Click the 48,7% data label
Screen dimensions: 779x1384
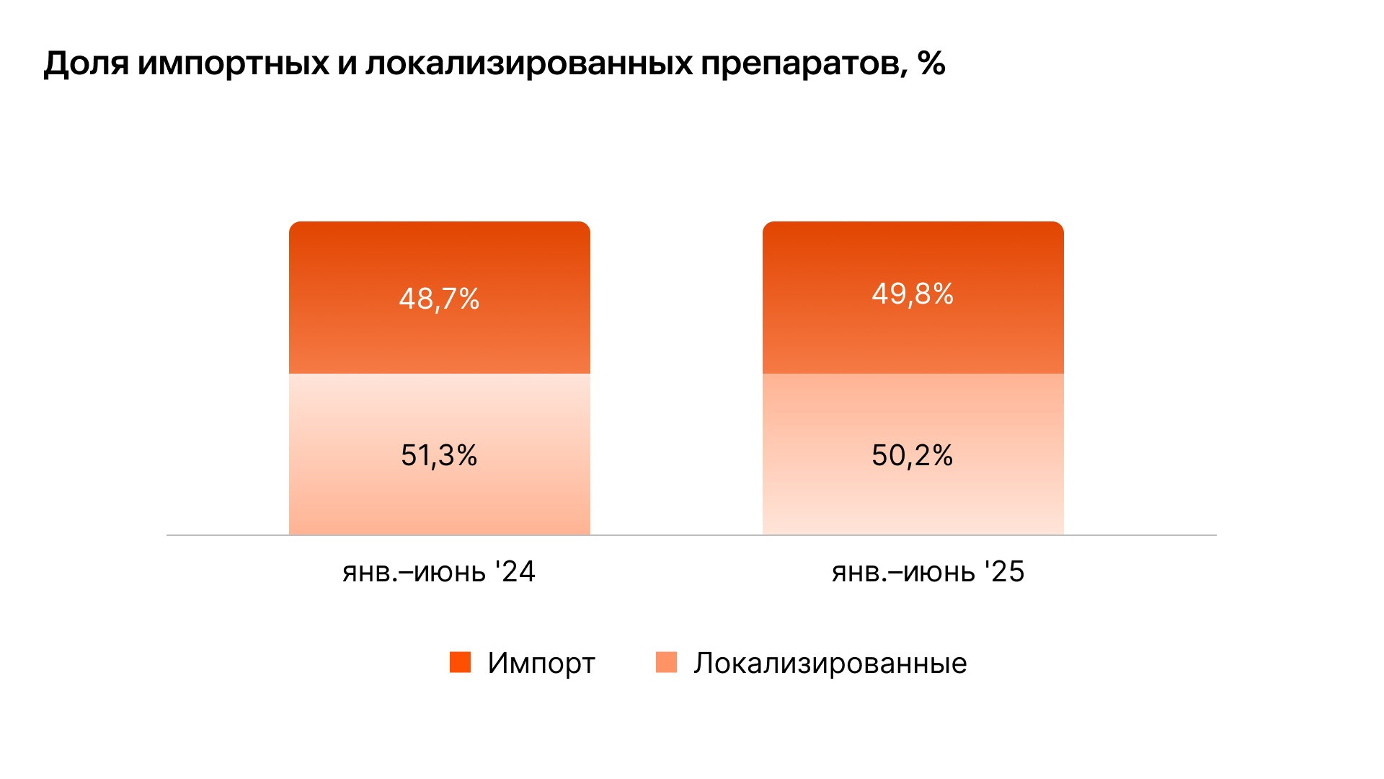point(439,299)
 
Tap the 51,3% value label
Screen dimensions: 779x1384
point(439,456)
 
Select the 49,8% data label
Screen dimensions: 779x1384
point(913,294)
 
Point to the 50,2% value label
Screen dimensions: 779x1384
point(913,456)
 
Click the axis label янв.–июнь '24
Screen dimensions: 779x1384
point(439,572)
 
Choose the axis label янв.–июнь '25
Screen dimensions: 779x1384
point(928,572)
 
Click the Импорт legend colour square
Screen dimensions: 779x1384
point(460,662)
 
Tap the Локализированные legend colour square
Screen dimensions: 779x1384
point(666,662)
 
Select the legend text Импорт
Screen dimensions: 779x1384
point(541,664)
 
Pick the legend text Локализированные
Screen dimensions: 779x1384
point(830,664)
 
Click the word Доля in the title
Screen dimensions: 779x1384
point(86,64)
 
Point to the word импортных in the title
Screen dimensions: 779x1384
point(233,64)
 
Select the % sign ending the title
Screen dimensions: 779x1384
point(931,63)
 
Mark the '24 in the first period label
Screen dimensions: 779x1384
point(515,571)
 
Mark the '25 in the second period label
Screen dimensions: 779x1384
point(1004,571)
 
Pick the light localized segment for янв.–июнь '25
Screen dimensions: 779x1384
point(913,498)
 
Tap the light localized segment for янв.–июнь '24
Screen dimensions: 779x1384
point(439,498)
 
